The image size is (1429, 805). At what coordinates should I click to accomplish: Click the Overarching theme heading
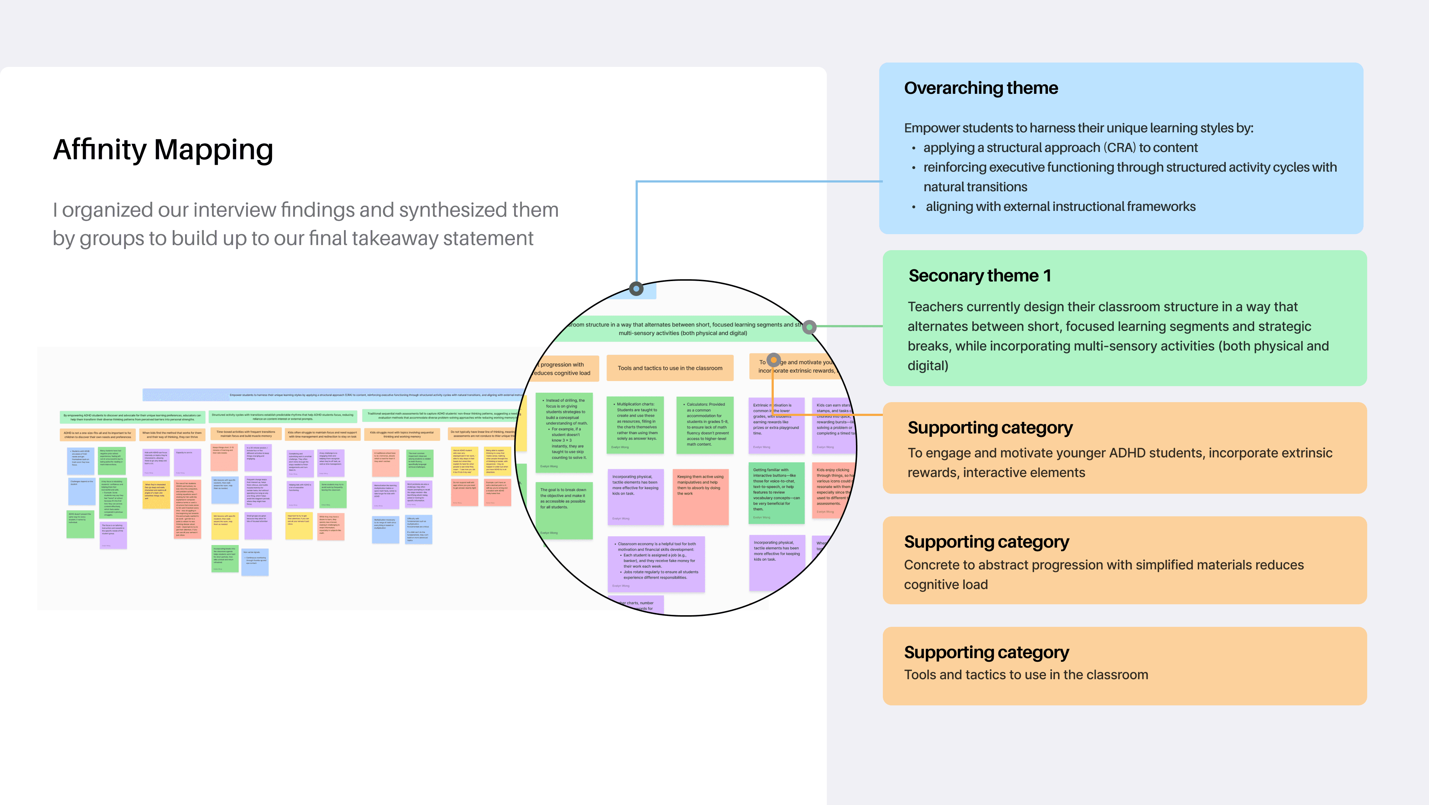click(981, 88)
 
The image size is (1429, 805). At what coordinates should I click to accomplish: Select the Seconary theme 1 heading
click(979, 275)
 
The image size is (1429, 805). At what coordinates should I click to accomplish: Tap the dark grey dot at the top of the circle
click(636, 288)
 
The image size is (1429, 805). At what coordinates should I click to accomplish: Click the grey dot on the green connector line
click(809, 327)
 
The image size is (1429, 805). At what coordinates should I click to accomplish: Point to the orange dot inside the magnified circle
click(773, 360)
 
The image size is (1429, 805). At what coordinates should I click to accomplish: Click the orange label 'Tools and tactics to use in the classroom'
click(669, 368)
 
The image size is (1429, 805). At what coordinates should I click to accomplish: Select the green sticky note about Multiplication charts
click(635, 424)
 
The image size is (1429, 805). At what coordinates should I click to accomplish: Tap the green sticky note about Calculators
click(705, 424)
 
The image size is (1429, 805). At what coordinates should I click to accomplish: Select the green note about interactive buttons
click(776, 493)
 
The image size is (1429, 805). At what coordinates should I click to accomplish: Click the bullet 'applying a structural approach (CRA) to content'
click(1060, 148)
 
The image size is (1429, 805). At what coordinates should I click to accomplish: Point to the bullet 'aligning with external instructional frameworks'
click(1060, 207)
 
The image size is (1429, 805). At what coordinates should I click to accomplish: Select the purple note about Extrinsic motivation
click(776, 424)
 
